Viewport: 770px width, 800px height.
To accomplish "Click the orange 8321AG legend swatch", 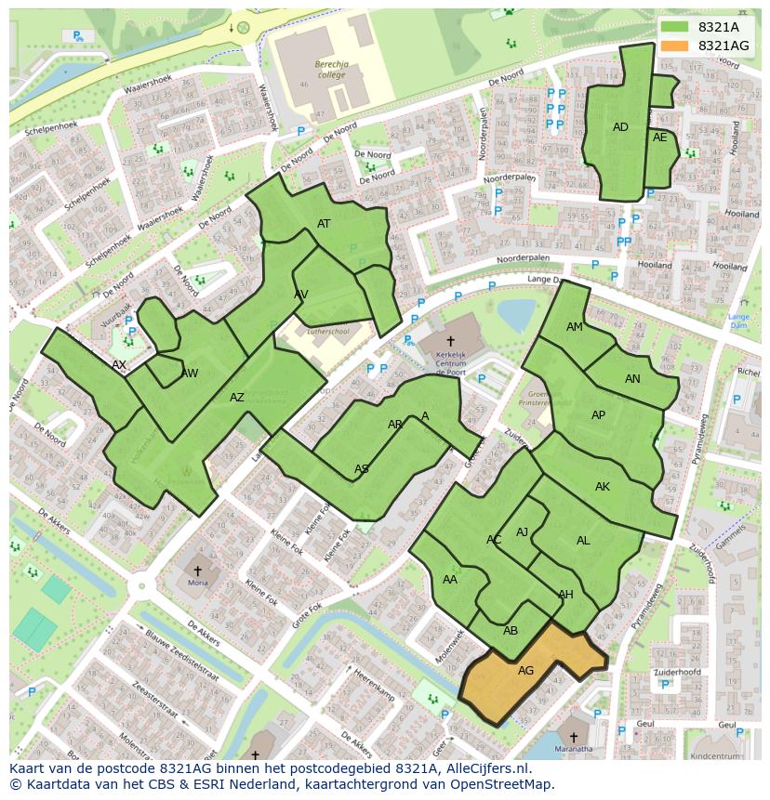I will pyautogui.click(x=675, y=46).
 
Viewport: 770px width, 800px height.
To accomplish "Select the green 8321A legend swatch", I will pyautogui.click(x=675, y=27).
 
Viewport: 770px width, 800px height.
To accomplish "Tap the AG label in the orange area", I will pyautogui.click(x=525, y=670).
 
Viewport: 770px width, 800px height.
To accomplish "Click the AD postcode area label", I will pyautogui.click(x=620, y=127).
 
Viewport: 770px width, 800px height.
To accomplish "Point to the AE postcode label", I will pyautogui.click(x=660, y=138).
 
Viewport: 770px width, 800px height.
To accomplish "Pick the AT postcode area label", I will pyautogui.click(x=324, y=224).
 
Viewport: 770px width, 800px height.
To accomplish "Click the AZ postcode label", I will pyautogui.click(x=237, y=398).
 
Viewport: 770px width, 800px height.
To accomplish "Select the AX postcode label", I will pyautogui.click(x=119, y=365).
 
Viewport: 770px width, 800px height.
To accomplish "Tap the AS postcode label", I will pyautogui.click(x=362, y=469).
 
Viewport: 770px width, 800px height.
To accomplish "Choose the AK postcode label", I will pyautogui.click(x=603, y=487).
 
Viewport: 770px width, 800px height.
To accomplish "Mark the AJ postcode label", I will pyautogui.click(x=522, y=532).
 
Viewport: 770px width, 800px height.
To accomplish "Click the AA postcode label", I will pyautogui.click(x=450, y=580).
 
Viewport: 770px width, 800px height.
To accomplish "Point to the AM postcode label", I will pyautogui.click(x=575, y=327).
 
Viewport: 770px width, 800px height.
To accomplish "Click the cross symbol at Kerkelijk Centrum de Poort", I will pyautogui.click(x=450, y=341).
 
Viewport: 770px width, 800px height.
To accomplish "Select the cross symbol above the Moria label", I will pyautogui.click(x=197, y=570).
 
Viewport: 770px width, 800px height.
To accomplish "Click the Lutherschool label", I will pyautogui.click(x=327, y=331).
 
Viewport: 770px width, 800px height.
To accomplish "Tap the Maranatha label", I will pyautogui.click(x=574, y=748).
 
